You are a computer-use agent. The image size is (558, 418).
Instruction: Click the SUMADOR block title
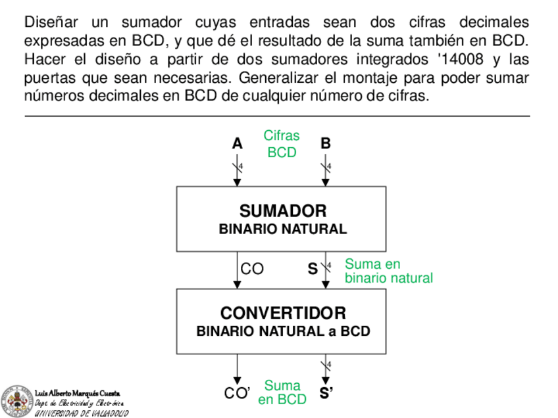282,211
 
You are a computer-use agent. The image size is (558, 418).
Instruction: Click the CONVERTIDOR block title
283,312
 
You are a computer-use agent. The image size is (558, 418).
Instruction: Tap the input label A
237,143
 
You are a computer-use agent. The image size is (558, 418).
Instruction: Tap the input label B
325,143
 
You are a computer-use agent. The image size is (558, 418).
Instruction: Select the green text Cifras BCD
282,144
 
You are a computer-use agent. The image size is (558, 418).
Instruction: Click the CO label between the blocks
252,269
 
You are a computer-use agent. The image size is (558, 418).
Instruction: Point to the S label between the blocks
313,269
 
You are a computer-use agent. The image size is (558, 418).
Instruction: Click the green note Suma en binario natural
388,271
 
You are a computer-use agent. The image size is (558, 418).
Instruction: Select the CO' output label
238,394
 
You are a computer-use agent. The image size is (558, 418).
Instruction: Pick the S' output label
326,394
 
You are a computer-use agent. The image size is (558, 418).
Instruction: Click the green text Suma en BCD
282,392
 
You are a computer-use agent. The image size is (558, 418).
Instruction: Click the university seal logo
15,400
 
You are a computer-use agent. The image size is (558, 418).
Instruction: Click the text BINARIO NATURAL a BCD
283,331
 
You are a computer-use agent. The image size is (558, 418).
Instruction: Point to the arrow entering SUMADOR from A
238,172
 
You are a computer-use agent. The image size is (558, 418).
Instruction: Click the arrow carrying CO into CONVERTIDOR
238,275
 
